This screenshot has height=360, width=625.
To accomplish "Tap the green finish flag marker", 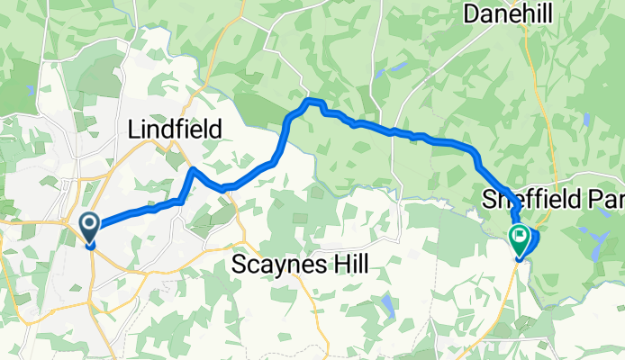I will [x=520, y=239].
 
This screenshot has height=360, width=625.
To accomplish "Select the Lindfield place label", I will [x=175, y=130].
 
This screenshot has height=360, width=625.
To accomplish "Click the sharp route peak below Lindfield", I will [x=192, y=169].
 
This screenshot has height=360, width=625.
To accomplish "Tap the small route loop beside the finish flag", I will [x=532, y=240].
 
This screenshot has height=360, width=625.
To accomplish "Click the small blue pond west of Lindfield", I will [x=32, y=90].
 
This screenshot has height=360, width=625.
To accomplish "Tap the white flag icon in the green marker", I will [x=520, y=237].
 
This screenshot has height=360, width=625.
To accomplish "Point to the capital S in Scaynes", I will [x=240, y=265].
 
